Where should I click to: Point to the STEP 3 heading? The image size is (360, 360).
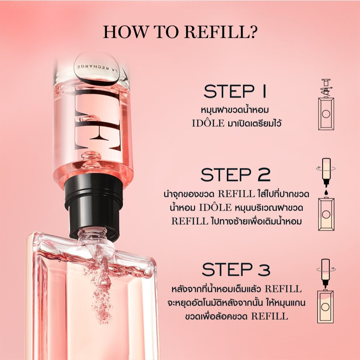click(x=236, y=269)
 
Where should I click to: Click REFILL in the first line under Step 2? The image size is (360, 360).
click(x=236, y=194)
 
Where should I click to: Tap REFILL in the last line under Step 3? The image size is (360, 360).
click(x=270, y=316)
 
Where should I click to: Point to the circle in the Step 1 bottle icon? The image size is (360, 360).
click(x=326, y=114)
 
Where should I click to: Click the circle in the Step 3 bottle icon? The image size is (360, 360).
click(x=326, y=307)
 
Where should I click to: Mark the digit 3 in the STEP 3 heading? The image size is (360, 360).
click(x=264, y=269)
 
